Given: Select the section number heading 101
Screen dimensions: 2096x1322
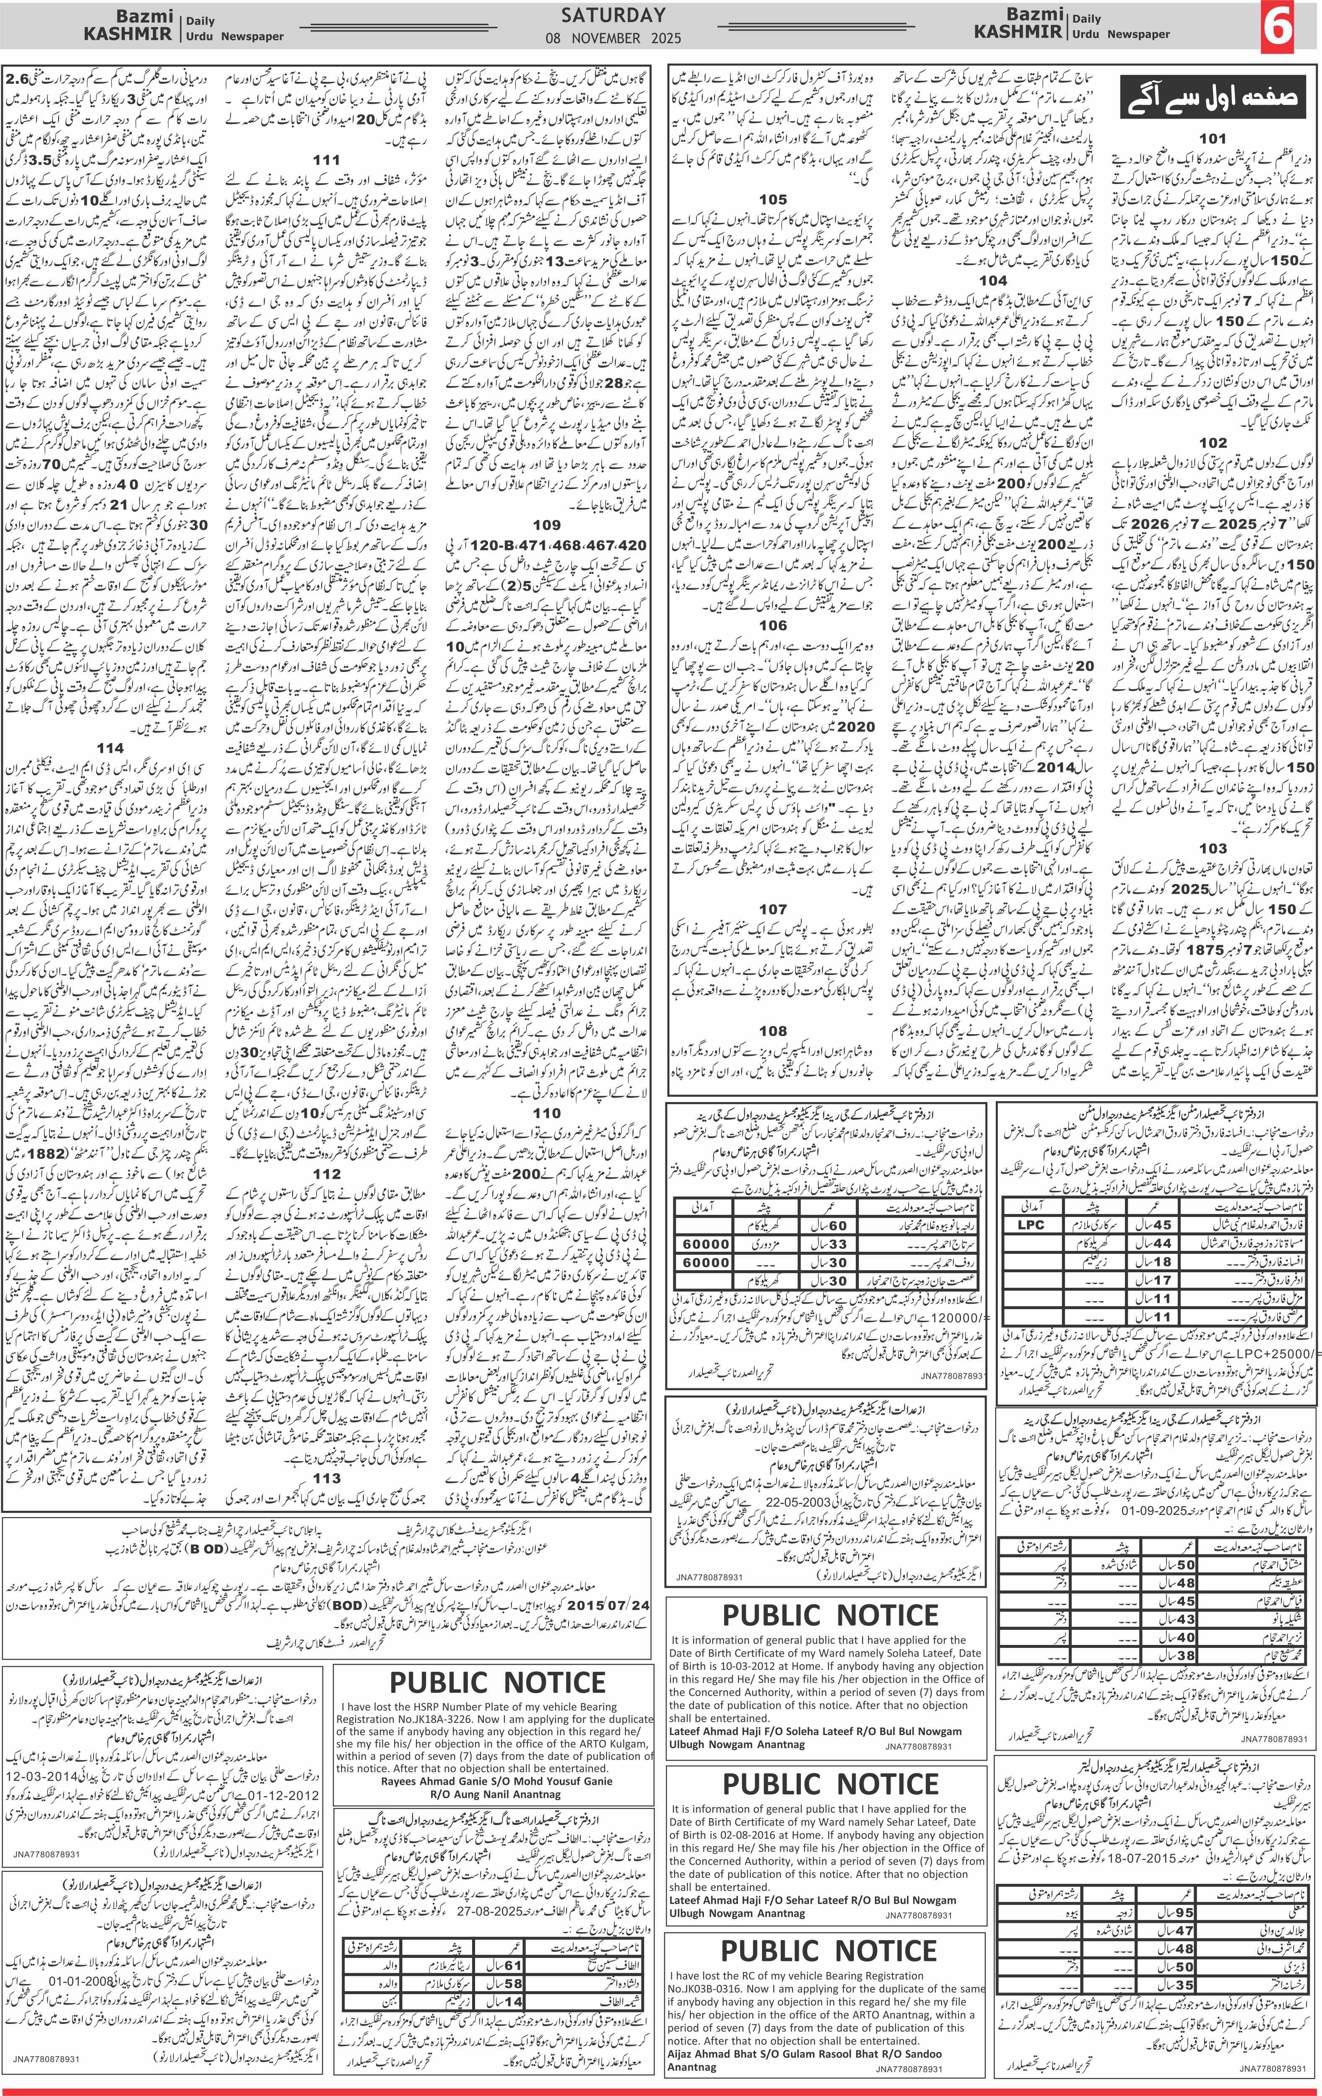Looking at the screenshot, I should pyautogui.click(x=1212, y=137).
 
